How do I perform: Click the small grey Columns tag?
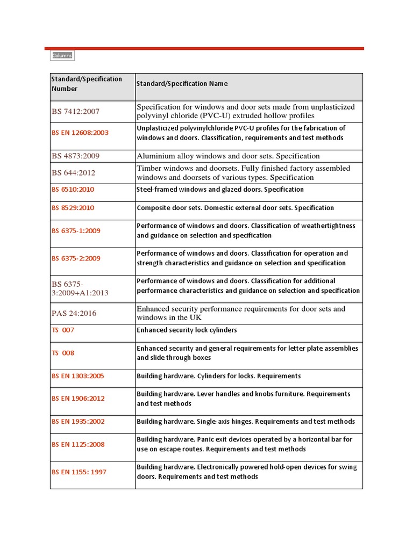click(62, 56)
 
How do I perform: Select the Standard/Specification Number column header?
click(87, 84)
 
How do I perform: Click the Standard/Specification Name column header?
click(182, 84)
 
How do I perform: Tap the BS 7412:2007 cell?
click(76, 112)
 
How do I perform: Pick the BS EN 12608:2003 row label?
click(80, 133)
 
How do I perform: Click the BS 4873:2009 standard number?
click(76, 156)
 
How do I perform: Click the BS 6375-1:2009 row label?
click(76, 231)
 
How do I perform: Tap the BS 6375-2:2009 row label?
click(76, 258)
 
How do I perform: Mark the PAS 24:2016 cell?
click(74, 313)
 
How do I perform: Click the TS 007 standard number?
click(63, 330)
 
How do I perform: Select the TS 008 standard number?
click(63, 353)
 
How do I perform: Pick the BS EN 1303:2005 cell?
click(78, 376)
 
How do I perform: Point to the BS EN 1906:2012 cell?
click(78, 399)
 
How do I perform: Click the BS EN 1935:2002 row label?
click(78, 422)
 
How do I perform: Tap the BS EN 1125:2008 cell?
click(78, 445)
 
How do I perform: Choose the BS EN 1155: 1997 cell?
click(79, 472)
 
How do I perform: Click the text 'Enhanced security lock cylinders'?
click(187, 330)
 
